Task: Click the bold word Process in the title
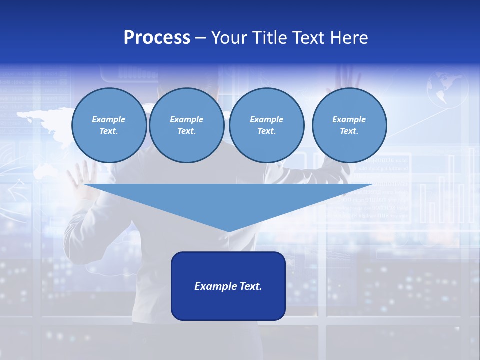(x=157, y=38)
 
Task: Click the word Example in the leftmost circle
(x=109, y=119)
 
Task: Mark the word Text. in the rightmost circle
(x=349, y=131)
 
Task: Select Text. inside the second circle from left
(x=186, y=131)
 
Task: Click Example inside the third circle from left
(x=266, y=119)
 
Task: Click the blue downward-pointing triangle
(x=228, y=200)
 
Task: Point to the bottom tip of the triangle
(x=229, y=230)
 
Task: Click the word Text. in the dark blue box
(x=249, y=286)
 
